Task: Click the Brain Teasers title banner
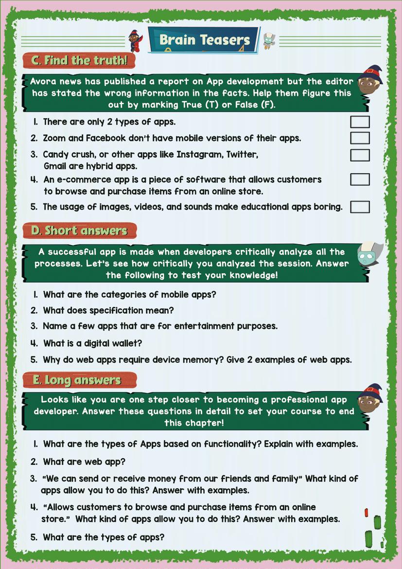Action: pyautogui.click(x=204, y=40)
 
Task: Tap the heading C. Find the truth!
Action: pyautogui.click(x=79, y=60)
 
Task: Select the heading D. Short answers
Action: pyautogui.click(x=79, y=231)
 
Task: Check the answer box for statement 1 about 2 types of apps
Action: pyautogui.click(x=360, y=122)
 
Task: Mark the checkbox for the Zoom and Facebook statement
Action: pyautogui.click(x=360, y=138)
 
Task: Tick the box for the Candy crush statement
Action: pyautogui.click(x=360, y=155)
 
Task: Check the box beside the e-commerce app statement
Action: pyautogui.click(x=360, y=179)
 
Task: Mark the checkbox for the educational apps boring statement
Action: pyautogui.click(x=360, y=207)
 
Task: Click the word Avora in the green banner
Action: pyautogui.click(x=44, y=82)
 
